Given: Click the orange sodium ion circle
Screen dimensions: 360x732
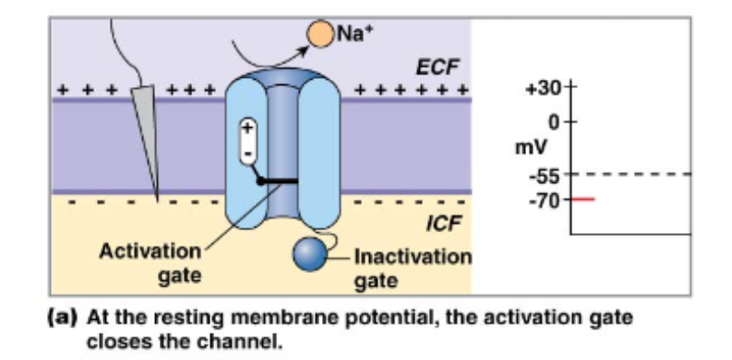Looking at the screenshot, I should (x=320, y=34).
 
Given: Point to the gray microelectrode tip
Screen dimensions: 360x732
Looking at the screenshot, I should (x=149, y=136).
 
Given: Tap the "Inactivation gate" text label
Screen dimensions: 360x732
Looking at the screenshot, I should (x=411, y=268).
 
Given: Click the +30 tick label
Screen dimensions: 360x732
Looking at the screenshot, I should (x=542, y=91).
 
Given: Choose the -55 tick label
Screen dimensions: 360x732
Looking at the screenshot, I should (x=547, y=176).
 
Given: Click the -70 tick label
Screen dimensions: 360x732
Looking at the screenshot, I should (x=547, y=199).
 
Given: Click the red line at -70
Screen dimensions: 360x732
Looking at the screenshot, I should (x=581, y=199).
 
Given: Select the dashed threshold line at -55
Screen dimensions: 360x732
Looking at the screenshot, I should (x=635, y=173).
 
